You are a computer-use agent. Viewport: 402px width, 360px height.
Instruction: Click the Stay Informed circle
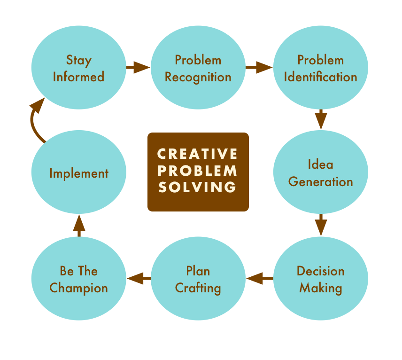(78, 68)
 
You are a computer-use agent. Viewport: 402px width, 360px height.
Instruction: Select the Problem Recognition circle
(198, 68)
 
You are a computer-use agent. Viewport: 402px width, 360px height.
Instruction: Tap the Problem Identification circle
(320, 68)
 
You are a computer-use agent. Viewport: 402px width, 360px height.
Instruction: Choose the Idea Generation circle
(320, 173)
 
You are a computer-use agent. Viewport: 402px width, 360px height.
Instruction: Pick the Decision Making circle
(320, 279)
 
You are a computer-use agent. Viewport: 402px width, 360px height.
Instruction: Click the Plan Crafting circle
(198, 279)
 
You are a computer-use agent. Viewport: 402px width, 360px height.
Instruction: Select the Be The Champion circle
(78, 279)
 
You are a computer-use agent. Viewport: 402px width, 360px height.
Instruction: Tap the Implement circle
(78, 173)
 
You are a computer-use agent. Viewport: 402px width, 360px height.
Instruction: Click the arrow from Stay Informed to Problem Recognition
(138, 68)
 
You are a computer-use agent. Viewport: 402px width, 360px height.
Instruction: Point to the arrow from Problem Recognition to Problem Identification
(259, 68)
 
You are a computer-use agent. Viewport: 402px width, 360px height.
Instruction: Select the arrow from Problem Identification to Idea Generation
(321, 119)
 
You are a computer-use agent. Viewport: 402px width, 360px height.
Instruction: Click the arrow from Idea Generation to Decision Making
(321, 225)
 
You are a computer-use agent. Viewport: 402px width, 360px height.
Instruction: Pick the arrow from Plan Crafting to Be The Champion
(139, 279)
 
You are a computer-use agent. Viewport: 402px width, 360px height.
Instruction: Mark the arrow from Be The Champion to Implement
(79, 225)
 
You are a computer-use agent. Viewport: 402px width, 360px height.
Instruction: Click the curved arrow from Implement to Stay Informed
(35, 120)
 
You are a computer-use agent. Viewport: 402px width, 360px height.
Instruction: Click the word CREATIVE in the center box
(198, 154)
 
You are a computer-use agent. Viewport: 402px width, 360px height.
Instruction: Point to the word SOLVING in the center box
(198, 187)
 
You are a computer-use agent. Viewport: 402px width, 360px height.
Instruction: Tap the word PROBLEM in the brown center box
(198, 171)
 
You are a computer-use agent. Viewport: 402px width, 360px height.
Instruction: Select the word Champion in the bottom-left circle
(78, 288)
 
